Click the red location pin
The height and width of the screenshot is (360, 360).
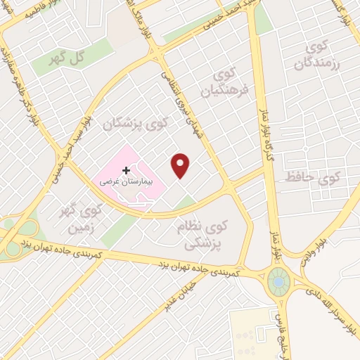(181, 165)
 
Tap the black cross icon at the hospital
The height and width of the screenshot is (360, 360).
(127, 170)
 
